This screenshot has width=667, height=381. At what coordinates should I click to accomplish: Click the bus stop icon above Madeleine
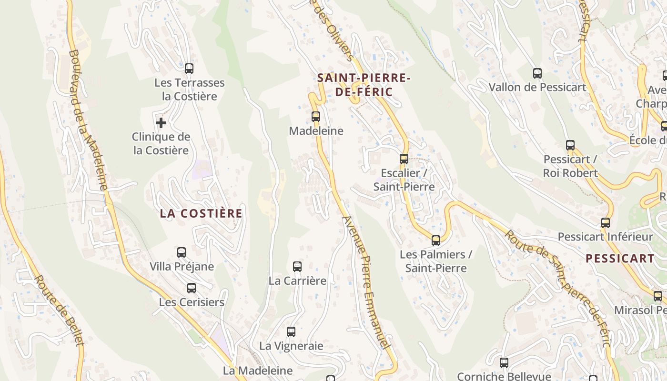point(315,116)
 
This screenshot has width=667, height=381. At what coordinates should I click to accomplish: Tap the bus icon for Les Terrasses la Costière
point(189,68)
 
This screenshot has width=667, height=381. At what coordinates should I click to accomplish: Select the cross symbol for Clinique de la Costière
point(161,123)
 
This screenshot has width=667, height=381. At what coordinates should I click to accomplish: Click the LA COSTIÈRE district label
point(201,213)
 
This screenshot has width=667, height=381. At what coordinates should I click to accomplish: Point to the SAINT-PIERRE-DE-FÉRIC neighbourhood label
point(364,85)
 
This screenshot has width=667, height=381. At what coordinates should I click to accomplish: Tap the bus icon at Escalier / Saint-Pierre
point(404,159)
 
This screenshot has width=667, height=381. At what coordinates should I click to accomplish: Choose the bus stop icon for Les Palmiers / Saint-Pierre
point(436,240)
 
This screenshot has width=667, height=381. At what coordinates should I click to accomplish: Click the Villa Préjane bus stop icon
point(182,252)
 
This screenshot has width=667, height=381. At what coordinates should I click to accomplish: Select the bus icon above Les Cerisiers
point(192,288)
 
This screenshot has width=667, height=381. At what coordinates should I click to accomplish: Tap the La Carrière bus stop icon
point(297,266)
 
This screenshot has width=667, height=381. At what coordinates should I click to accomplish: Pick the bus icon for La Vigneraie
point(291,331)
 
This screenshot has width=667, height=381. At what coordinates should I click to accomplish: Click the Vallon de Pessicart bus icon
point(537,73)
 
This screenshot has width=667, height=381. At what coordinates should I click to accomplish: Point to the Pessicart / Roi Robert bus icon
point(570,145)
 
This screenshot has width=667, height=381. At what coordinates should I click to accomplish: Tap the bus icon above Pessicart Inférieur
point(606,222)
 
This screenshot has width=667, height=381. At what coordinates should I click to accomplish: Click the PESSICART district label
point(620,259)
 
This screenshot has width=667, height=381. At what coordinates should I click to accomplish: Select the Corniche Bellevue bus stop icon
point(504,362)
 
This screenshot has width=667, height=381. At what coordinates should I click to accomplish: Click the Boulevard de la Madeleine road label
point(89,119)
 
